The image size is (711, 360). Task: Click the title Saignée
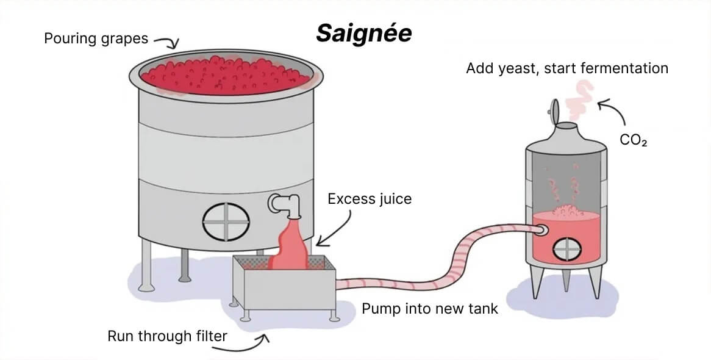(x=363, y=34)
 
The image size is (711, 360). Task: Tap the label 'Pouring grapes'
(x=96, y=39)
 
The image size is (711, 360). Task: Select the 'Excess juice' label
(x=370, y=199)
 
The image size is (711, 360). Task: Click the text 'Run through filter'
(x=167, y=336)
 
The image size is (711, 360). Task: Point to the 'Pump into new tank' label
(x=430, y=309)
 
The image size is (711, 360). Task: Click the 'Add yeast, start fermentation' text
(x=567, y=68)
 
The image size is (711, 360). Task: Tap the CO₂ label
(x=633, y=140)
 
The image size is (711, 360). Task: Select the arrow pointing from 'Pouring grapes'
(x=166, y=41)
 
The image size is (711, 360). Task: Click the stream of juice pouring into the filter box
(x=291, y=244)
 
